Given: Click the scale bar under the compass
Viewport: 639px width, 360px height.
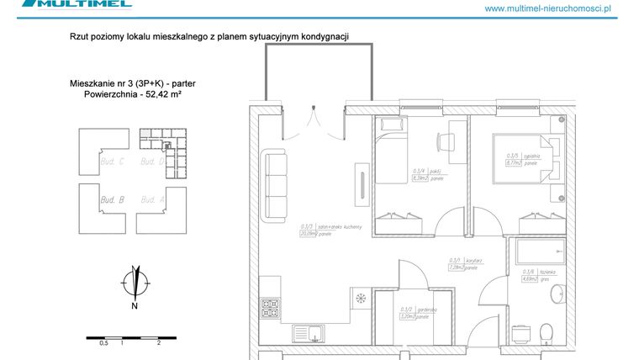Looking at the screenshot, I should pos(123,337).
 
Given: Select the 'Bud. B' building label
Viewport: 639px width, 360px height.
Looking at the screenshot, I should pos(112,200).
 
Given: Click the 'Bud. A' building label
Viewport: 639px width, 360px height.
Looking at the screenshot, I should pos(152,200).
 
